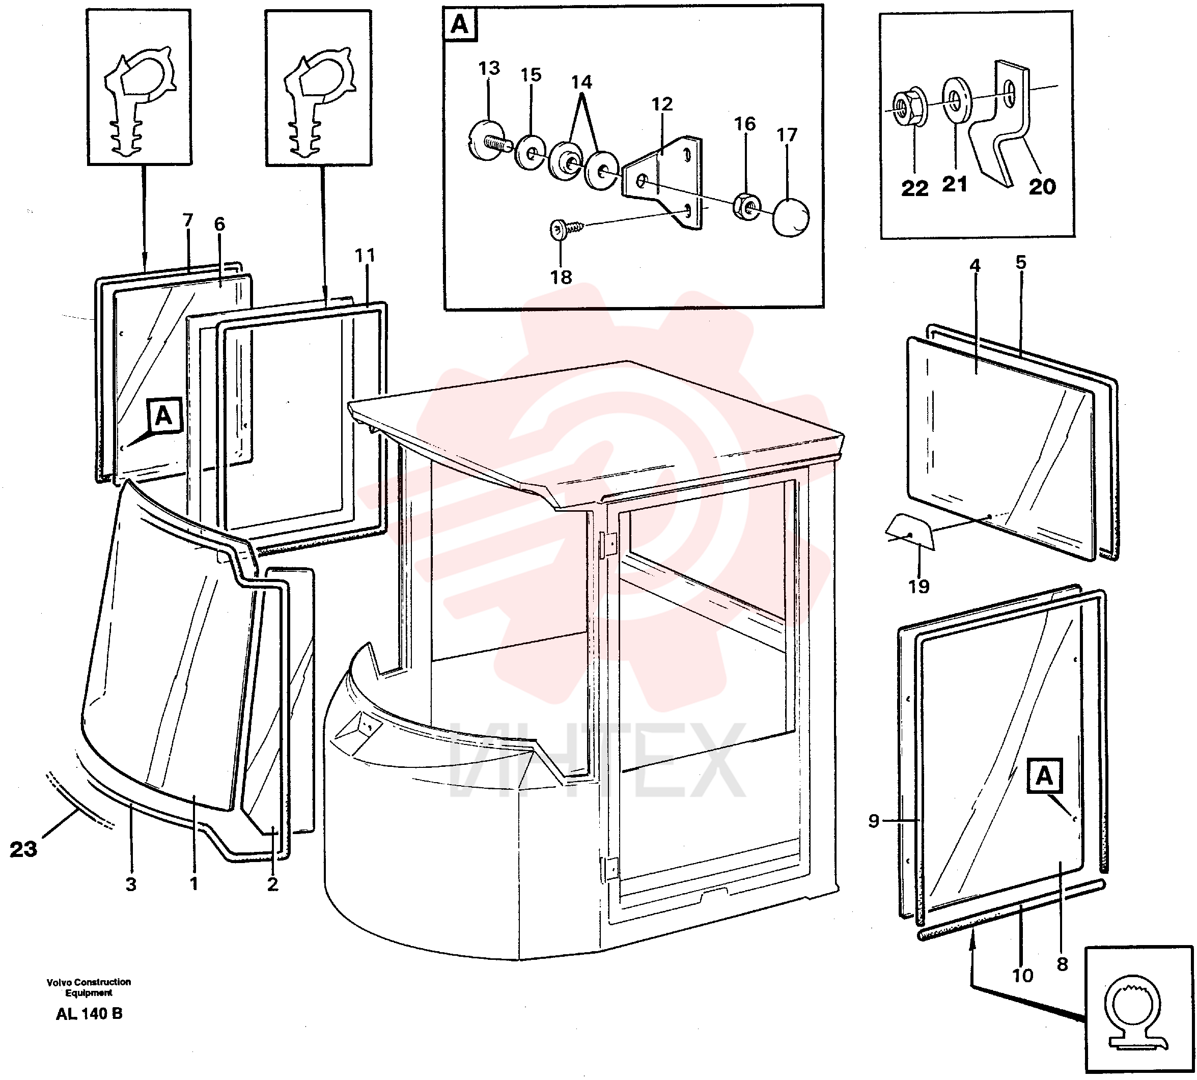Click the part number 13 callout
[x=489, y=68]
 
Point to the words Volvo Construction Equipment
[x=89, y=987]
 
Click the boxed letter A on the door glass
[x=1044, y=776]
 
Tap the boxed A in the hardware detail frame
[x=460, y=25]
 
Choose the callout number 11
[x=365, y=256]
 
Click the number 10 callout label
[x=1022, y=976]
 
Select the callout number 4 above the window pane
[x=975, y=266]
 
